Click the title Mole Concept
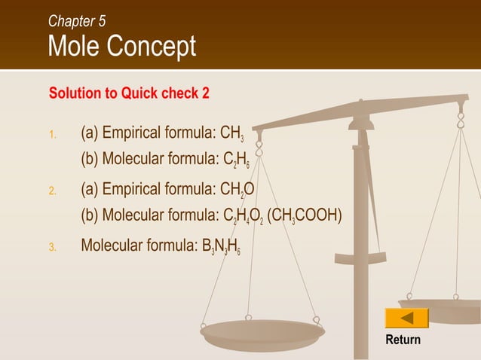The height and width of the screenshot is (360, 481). pos(121,47)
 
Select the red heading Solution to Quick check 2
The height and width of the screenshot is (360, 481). pos(129,93)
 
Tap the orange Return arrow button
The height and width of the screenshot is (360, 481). pos(406,318)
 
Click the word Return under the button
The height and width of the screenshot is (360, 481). pos(403,340)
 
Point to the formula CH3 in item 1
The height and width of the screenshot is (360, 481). pos(231,134)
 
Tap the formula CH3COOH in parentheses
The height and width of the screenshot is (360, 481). pos(307,216)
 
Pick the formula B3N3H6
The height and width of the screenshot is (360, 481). pos(221,246)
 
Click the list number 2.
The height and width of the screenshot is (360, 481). pos(52,191)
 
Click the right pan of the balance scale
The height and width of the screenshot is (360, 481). pos(445,308)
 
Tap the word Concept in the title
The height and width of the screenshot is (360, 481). pos(155,47)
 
